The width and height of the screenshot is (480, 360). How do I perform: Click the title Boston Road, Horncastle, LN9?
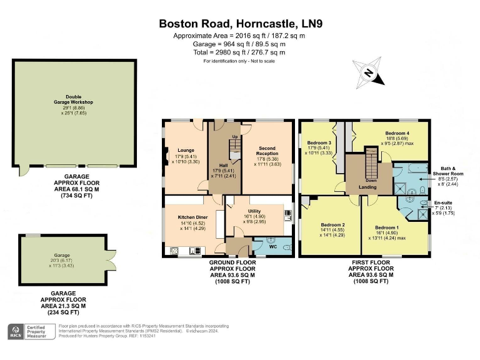[x=241, y=24]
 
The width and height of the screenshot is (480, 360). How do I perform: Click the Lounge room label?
[x=186, y=151]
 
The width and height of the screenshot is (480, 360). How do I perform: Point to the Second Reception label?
[x=267, y=151]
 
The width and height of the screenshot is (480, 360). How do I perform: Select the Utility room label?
[x=257, y=212]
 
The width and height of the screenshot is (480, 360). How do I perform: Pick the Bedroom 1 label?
[x=387, y=227]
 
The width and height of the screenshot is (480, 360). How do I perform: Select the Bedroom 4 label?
[x=397, y=133]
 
